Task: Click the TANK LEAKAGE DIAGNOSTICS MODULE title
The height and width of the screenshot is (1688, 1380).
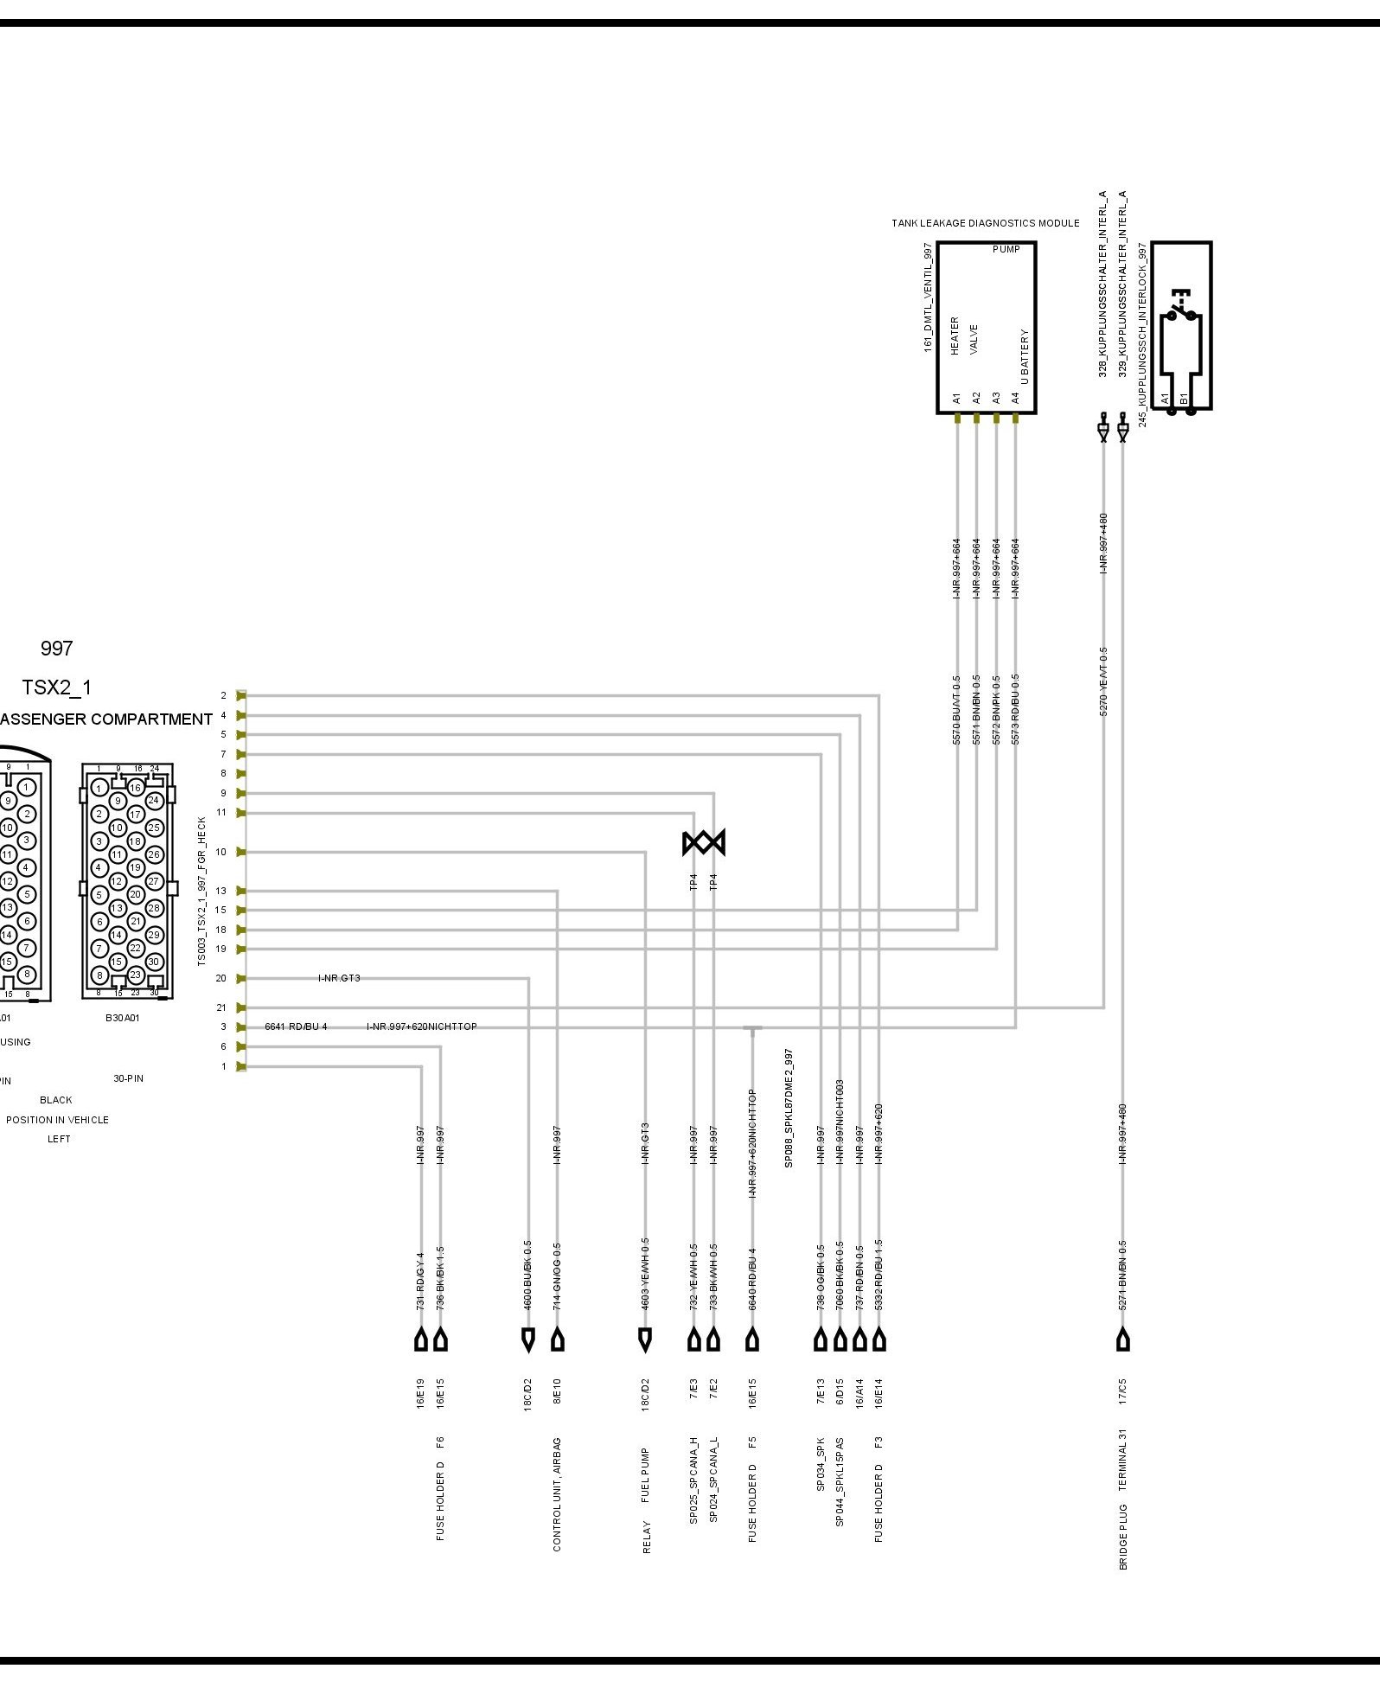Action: click(985, 223)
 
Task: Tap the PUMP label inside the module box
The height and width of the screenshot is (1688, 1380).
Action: click(1006, 250)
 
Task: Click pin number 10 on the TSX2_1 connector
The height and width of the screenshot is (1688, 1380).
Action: click(221, 852)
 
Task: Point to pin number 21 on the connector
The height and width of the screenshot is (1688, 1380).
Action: click(221, 1007)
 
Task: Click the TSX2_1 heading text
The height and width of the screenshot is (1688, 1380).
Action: click(56, 687)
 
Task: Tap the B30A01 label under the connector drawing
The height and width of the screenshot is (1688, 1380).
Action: click(122, 1018)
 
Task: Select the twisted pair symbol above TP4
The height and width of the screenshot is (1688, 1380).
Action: click(704, 842)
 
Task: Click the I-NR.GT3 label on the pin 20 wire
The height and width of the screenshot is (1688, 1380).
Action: click(339, 978)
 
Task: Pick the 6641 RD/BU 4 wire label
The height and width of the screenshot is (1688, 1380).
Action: click(296, 1026)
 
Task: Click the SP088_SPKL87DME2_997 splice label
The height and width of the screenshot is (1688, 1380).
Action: click(789, 1109)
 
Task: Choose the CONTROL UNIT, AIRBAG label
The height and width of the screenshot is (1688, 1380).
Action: click(557, 1494)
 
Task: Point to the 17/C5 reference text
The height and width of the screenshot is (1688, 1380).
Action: click(1123, 1392)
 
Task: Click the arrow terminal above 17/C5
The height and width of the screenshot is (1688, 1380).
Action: click(1123, 1341)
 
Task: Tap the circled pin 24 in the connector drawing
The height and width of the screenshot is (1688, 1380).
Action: click(154, 800)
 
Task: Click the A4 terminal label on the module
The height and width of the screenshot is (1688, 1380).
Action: click(1016, 398)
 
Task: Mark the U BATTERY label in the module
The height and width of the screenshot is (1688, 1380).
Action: click(1025, 356)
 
